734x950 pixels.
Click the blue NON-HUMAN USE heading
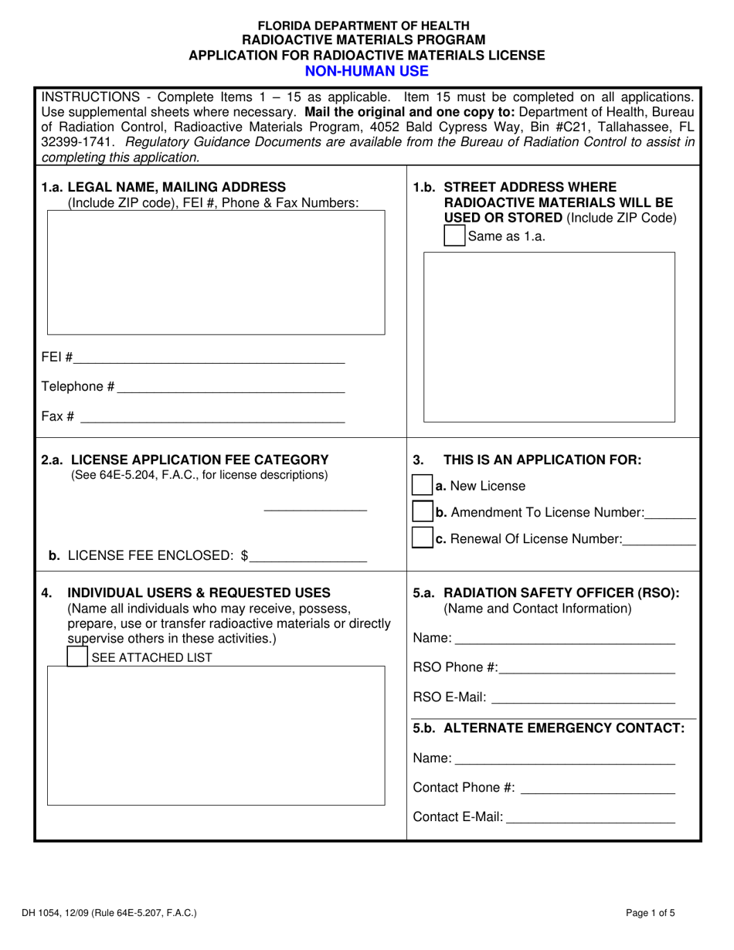coord(366,71)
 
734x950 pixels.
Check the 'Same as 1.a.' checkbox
coord(454,236)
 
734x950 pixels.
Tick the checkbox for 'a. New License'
coord(422,486)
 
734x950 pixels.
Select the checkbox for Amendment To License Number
coord(422,512)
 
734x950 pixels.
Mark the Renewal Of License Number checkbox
coord(422,538)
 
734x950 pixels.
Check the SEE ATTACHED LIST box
coord(77,657)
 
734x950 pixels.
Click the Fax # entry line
coord(212,417)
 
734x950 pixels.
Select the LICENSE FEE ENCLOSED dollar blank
coord(308,555)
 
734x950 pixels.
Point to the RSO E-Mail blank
coord(583,698)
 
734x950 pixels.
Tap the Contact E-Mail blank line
coord(590,817)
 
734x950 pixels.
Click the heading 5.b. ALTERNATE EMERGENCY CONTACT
coord(549,728)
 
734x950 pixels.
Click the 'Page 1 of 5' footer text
coord(651,912)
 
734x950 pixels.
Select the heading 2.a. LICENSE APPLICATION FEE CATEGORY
coord(185,460)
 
